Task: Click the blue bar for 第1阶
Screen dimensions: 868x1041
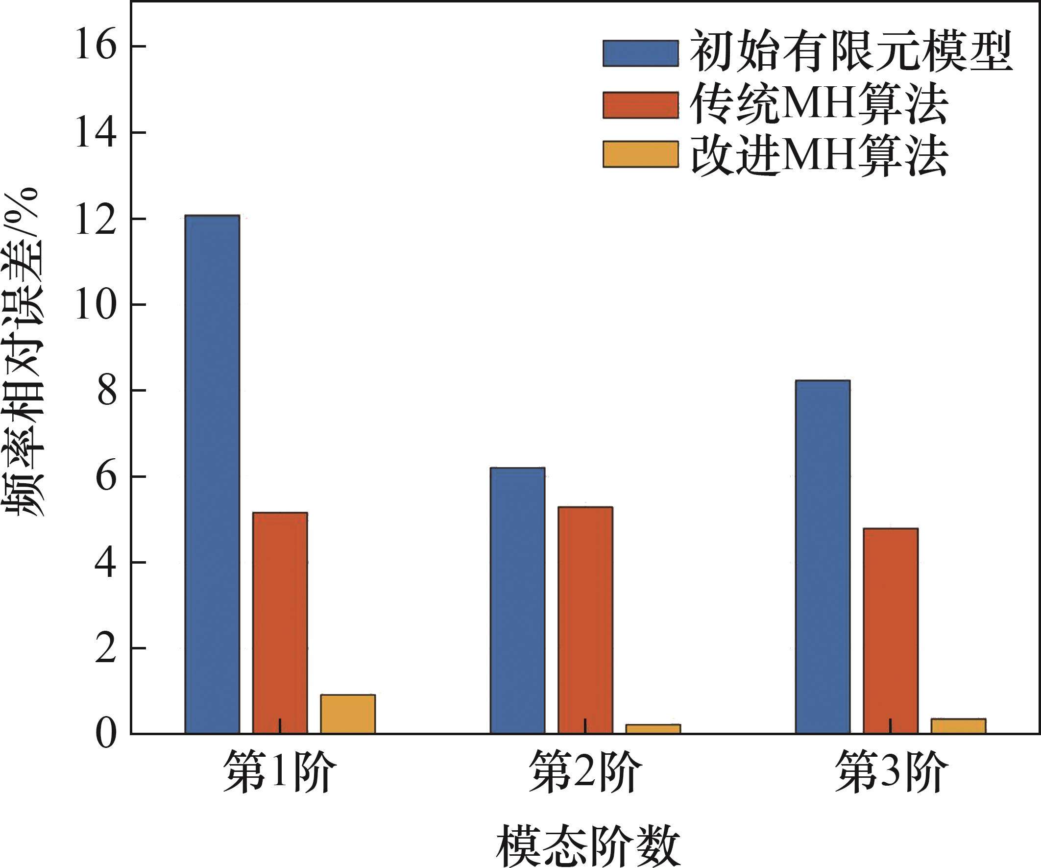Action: tap(212, 474)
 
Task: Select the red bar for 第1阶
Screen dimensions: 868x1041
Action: tap(280, 623)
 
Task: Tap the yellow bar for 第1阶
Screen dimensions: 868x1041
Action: tap(347, 714)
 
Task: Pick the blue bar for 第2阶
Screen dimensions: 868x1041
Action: tap(517, 600)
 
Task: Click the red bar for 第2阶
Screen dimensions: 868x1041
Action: tap(585, 620)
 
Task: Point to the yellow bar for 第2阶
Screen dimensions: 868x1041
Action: tap(653, 729)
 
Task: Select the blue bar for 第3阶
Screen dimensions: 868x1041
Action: tap(823, 556)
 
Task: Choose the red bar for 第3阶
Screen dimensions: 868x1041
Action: tap(891, 631)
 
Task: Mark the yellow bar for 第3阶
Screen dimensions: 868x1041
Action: tap(958, 726)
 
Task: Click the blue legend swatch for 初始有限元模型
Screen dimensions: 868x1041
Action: tap(640, 53)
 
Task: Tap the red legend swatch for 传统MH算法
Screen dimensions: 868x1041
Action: tap(640, 105)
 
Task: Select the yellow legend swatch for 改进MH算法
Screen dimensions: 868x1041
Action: tap(640, 154)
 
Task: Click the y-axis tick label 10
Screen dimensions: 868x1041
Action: tap(96, 304)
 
